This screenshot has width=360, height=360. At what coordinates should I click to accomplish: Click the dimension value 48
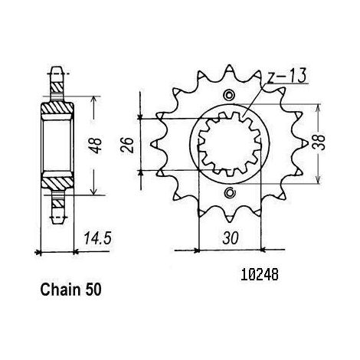[97, 146]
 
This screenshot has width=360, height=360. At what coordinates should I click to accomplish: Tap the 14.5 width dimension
[98, 239]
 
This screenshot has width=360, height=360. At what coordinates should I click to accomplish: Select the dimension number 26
[127, 145]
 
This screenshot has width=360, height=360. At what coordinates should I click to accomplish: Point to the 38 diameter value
[319, 142]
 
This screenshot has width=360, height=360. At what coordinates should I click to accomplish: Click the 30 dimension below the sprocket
[231, 238]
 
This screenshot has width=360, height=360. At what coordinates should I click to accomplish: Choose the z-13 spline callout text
[286, 76]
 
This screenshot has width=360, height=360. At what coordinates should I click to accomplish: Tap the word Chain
[61, 290]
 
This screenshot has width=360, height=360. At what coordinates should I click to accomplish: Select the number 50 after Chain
[93, 290]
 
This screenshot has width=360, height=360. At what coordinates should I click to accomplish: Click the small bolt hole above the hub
[228, 95]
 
